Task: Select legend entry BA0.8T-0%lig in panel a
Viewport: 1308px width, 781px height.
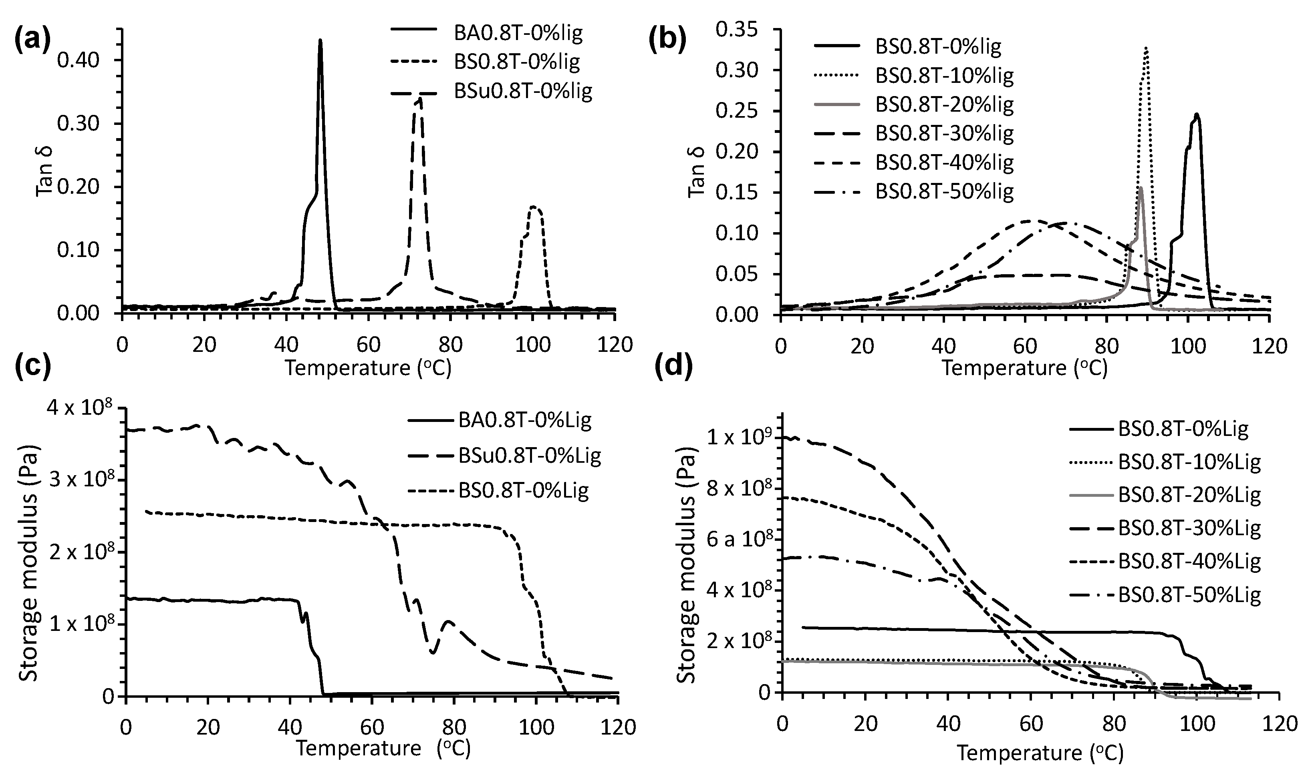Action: click(x=518, y=33)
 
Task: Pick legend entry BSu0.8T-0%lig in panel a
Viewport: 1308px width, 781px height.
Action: click(x=522, y=91)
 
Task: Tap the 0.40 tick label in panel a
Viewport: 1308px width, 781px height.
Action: click(x=79, y=60)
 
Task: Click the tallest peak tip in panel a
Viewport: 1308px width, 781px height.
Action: click(x=320, y=40)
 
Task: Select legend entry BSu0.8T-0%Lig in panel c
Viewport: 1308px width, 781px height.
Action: click(x=529, y=455)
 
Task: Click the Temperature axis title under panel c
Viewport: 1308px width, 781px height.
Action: click(x=383, y=747)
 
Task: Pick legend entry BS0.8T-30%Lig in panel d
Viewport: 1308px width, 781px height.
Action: click(x=1189, y=528)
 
